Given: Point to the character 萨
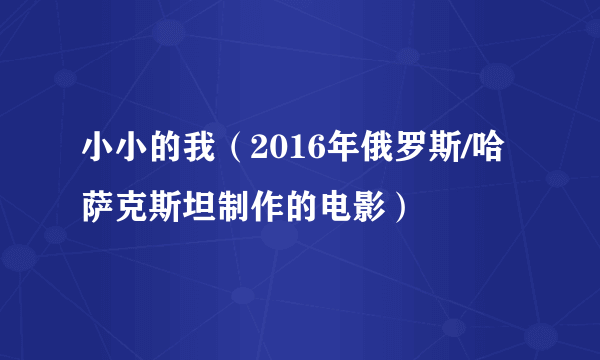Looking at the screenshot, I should click(x=97, y=207).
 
